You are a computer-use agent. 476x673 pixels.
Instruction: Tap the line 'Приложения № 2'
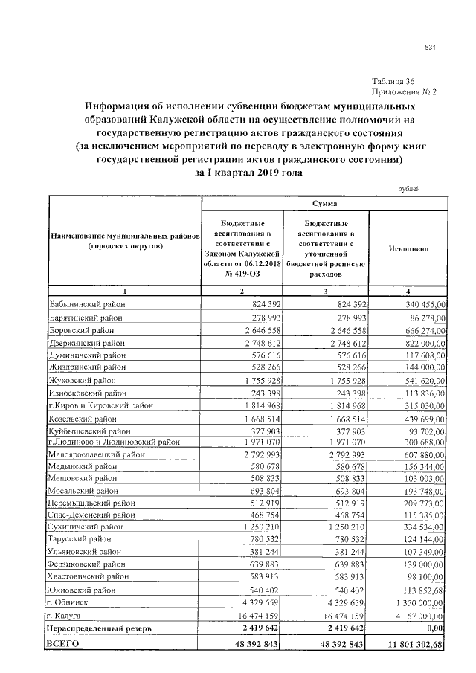(404, 92)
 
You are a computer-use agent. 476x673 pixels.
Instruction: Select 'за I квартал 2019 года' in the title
(248, 172)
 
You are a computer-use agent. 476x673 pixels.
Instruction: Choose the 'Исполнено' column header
(408, 249)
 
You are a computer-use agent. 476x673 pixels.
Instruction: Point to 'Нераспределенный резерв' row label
(100, 628)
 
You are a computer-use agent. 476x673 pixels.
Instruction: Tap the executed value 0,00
(434, 628)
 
